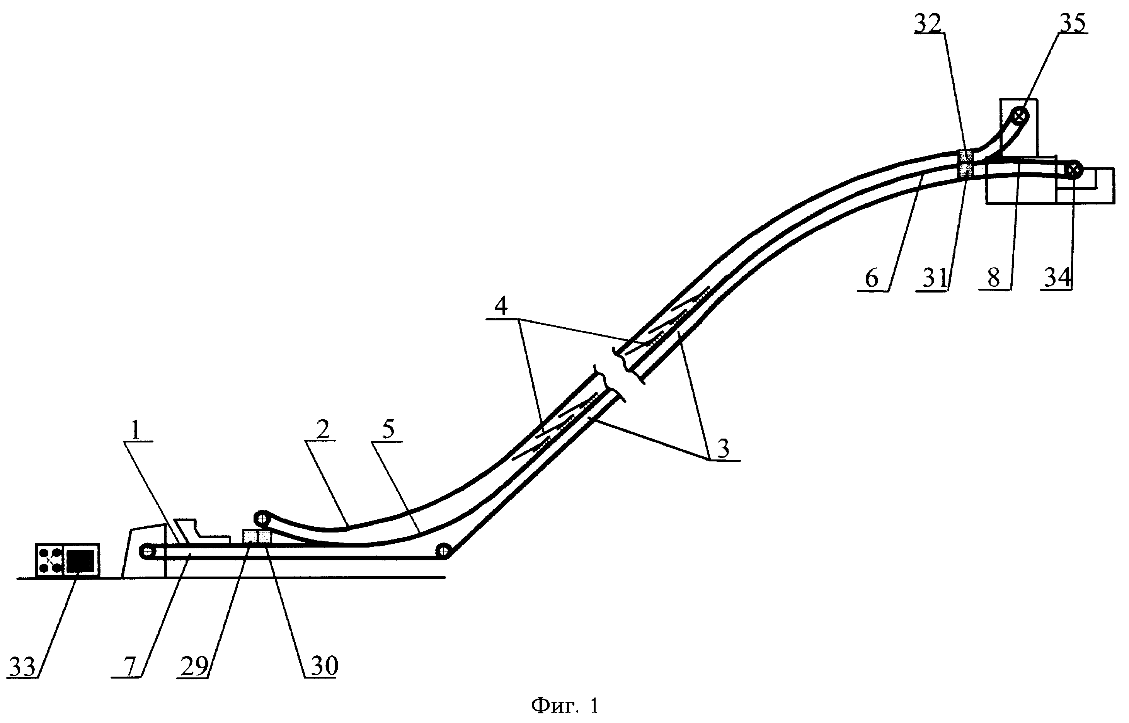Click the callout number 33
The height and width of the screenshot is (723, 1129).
22,667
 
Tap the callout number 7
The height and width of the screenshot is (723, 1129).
129,666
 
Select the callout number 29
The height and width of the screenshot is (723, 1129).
194,666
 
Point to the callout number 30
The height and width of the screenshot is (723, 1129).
324,666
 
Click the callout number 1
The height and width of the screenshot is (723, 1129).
135,430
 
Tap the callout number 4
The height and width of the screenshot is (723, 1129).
501,306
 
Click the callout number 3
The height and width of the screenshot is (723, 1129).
724,449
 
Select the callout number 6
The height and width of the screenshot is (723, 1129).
871,279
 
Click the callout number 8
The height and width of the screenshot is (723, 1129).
994,279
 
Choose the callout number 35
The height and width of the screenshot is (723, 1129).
1073,24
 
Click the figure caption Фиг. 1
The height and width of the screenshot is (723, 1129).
565,706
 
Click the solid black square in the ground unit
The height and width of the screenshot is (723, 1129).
80,560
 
